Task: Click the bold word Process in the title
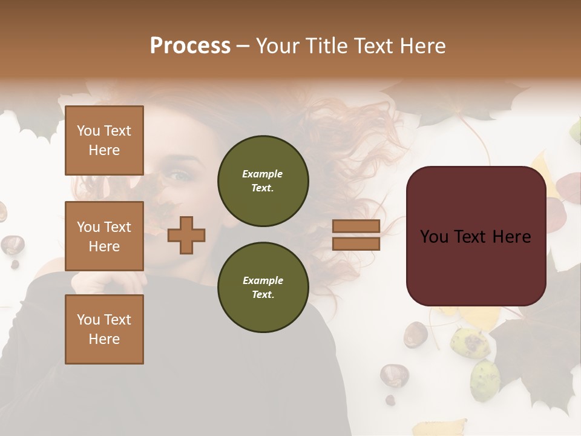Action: click(190, 46)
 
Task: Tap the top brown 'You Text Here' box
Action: click(104, 140)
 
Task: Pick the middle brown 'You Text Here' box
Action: click(104, 236)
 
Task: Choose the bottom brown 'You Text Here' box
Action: click(104, 329)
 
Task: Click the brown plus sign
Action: click(186, 235)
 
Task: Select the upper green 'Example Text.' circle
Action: click(263, 180)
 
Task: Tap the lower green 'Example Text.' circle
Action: click(263, 287)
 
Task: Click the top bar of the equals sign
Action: click(356, 226)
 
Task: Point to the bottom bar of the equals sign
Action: click(356, 243)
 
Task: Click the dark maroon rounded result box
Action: click(476, 236)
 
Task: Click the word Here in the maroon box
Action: click(511, 237)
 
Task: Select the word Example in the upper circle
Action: click(263, 174)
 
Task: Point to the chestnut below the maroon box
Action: click(416, 334)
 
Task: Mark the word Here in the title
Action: click(424, 46)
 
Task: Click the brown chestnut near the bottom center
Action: click(394, 375)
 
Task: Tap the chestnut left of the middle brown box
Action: click(12, 245)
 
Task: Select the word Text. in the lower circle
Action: click(263, 295)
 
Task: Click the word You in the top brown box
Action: click(88, 131)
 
